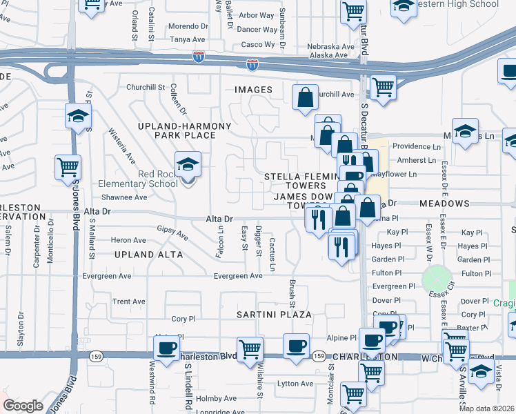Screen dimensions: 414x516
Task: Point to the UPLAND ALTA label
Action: click(151, 255)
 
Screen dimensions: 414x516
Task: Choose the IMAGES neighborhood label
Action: click(253, 90)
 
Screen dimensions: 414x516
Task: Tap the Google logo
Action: click(23, 406)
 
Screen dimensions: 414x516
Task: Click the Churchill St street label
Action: click(146, 88)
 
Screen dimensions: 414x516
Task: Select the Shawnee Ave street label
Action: click(125, 197)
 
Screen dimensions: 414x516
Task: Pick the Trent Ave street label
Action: click(129, 302)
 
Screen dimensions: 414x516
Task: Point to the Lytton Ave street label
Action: click(295, 384)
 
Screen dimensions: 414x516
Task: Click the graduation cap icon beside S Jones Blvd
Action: click(79, 117)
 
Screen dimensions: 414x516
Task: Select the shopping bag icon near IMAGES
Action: click(304, 98)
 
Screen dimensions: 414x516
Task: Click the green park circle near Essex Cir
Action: click(435, 278)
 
